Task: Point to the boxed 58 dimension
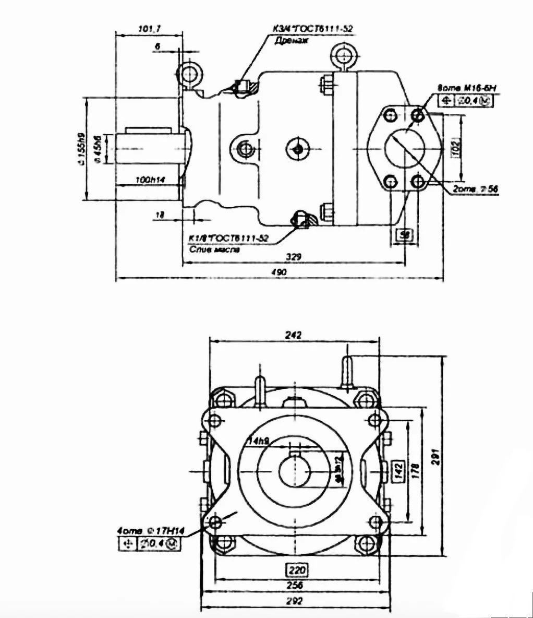(404, 235)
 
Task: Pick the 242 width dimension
(294, 335)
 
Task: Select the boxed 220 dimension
(295, 569)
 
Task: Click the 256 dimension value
(295, 586)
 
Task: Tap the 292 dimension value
(295, 601)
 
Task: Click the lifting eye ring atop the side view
(344, 55)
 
